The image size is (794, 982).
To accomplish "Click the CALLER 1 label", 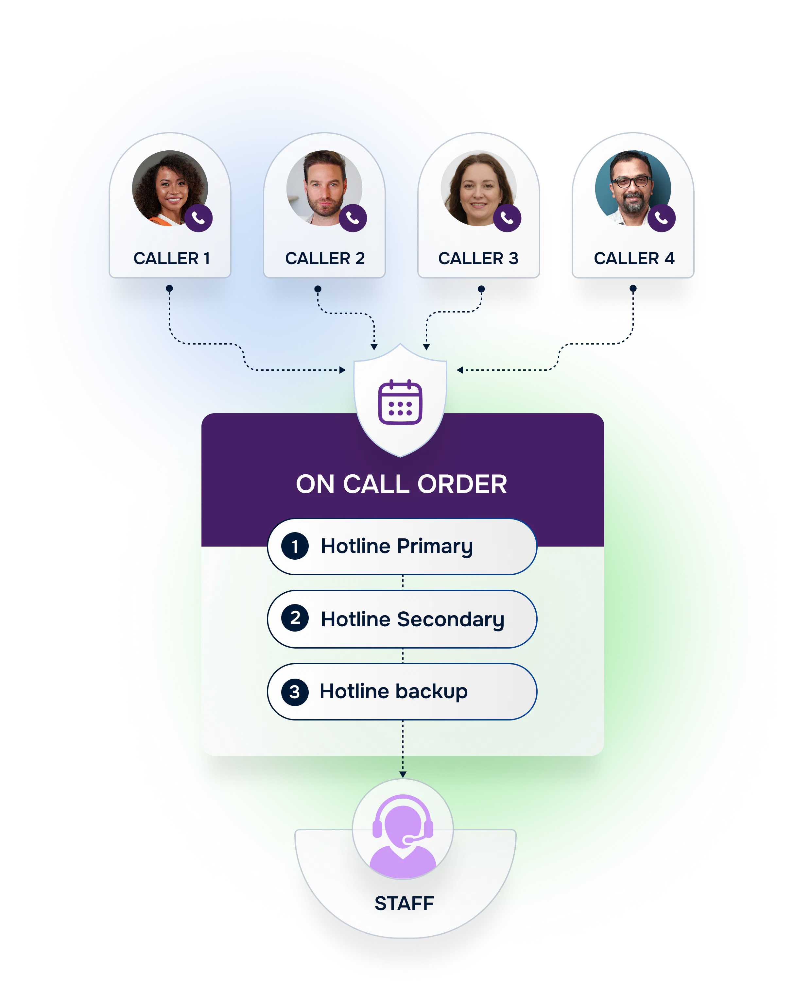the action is tap(171, 258).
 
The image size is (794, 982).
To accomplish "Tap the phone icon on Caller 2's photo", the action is tap(353, 218).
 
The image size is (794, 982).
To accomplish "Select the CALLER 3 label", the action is tap(478, 258).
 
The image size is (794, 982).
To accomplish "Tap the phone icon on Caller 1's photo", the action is tap(198, 218).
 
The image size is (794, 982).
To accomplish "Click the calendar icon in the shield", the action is tap(400, 402).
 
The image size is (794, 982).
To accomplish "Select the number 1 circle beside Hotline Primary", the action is tap(295, 546).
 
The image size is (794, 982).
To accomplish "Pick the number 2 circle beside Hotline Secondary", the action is tap(295, 618).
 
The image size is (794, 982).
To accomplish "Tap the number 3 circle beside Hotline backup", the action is tap(295, 692).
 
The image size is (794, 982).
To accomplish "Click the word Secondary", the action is tap(451, 620).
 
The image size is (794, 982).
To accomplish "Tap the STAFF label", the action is tap(404, 903).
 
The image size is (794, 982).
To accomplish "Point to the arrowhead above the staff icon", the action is tap(403, 774).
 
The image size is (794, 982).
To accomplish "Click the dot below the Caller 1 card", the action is tap(169, 288).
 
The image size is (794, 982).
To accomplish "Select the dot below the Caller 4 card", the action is tap(633, 288).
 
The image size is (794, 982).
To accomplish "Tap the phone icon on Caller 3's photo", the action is tap(507, 218).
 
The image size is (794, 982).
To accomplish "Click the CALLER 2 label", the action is tap(325, 258).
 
